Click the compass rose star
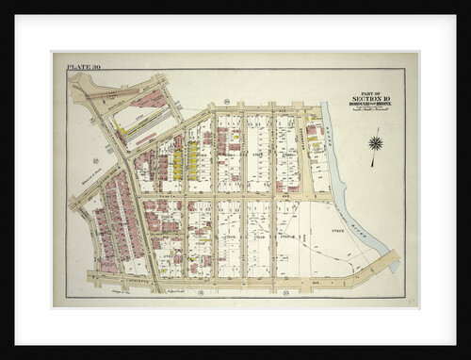(376, 143)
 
